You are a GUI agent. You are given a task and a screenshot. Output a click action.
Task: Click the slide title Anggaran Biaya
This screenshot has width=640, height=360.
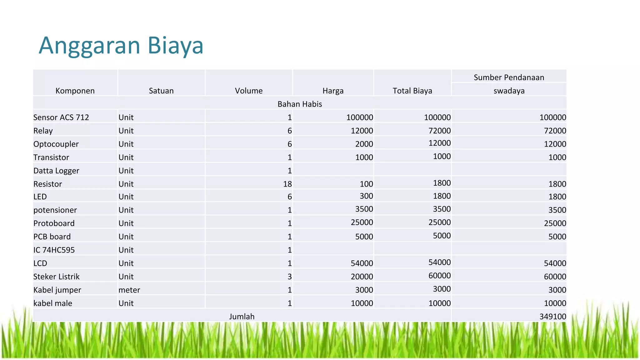(x=121, y=46)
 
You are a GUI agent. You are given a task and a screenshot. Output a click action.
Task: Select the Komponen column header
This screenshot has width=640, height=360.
(x=75, y=91)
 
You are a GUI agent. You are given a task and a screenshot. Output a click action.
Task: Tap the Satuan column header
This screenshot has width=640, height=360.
(x=161, y=91)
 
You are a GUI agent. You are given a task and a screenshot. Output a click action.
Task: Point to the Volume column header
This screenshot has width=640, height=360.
(x=249, y=91)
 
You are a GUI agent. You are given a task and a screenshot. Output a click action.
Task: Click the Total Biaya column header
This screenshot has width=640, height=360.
(x=412, y=91)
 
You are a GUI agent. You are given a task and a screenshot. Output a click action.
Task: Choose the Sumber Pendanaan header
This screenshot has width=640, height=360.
(x=509, y=77)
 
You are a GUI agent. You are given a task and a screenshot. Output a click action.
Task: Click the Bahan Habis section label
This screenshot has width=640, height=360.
(x=300, y=104)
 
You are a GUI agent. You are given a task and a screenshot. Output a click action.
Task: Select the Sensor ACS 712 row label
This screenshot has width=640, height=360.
(x=61, y=117)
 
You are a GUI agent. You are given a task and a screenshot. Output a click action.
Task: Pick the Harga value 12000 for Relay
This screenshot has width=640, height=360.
(x=362, y=131)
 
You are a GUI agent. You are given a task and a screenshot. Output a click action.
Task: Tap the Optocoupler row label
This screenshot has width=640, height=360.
(x=56, y=144)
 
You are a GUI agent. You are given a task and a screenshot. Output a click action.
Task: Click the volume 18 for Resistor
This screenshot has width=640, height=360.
(x=287, y=184)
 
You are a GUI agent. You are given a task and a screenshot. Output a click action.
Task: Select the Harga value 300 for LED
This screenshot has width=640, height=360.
(x=366, y=196)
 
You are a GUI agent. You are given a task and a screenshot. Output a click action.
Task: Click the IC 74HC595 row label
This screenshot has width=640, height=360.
(x=54, y=250)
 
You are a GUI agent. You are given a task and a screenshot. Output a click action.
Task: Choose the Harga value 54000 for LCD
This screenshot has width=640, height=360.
(x=362, y=263)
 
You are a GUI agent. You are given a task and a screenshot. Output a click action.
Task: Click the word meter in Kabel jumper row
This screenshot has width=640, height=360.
(x=129, y=290)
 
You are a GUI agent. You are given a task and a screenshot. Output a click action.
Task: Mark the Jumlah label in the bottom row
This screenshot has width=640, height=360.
(x=242, y=317)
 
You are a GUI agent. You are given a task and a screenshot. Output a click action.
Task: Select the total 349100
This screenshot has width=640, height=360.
(x=552, y=317)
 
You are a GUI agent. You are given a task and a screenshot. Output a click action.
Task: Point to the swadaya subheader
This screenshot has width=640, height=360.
(x=509, y=91)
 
